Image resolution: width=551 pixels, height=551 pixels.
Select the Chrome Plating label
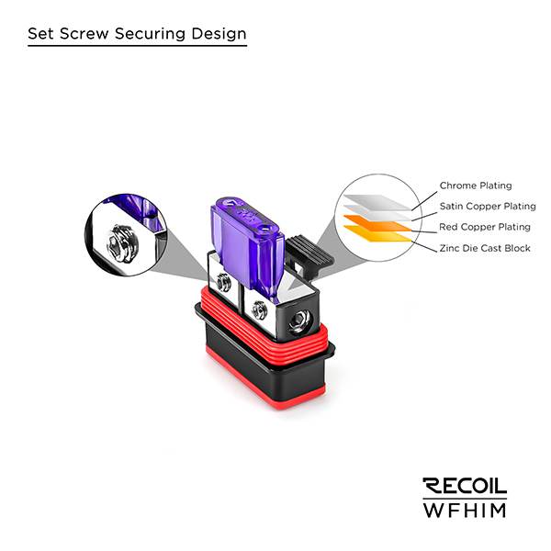click(x=476, y=186)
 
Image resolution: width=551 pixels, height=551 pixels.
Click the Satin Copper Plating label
click(x=487, y=207)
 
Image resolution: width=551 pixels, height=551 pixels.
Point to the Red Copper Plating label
click(x=485, y=227)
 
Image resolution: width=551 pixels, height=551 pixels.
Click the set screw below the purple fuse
click(x=259, y=309)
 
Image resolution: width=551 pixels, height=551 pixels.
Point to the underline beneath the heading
click(x=138, y=46)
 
